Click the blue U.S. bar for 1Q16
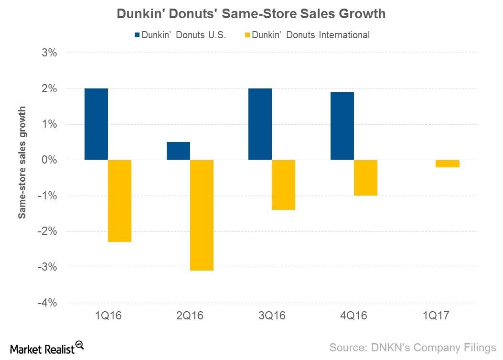click(96, 124)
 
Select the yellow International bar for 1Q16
click(119, 201)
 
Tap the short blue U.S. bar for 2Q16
click(178, 151)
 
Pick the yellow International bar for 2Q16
click(202, 215)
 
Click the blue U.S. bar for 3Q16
click(260, 124)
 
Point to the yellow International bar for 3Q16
click(283, 185)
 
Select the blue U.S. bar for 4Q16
click(342, 126)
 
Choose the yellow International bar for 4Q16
click(365, 178)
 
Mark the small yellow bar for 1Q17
click(448, 164)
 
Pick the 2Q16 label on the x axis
click(190, 316)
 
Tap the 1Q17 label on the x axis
click(436, 316)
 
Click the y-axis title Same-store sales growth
click(22, 163)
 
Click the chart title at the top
click(251, 14)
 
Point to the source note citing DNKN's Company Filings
click(413, 347)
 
